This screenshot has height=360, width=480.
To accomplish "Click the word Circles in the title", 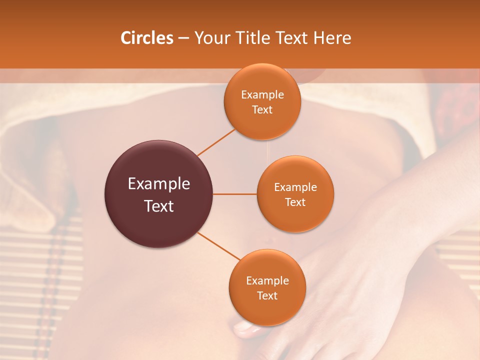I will point(146,38).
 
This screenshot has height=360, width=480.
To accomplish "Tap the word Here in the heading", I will point(332,38).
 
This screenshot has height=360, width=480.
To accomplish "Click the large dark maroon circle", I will point(158,194).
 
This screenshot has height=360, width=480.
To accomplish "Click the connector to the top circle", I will point(216,142).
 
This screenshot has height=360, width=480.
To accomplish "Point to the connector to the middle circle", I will point(234,194).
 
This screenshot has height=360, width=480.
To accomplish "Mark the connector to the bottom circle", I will point(218,246).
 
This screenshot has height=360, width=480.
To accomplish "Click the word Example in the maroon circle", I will point(158,184).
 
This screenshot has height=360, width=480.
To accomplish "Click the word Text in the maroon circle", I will point(158,206).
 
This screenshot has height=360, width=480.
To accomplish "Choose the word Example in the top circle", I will point(262,95).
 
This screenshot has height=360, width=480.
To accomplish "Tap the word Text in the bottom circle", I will point(267,296).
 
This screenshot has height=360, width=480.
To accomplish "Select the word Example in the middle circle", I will point(295,187).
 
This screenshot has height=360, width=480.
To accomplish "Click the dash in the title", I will point(183,38).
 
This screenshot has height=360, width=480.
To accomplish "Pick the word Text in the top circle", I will point(262,110).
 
